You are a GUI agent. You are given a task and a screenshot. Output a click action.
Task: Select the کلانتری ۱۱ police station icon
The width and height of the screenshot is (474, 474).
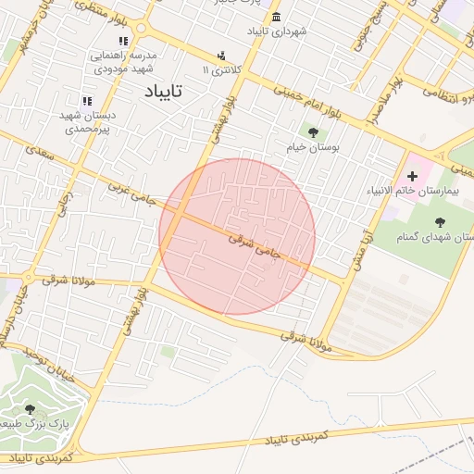coord(220,56)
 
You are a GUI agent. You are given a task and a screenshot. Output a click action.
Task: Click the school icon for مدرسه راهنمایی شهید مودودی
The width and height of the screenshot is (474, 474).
coord(124,41)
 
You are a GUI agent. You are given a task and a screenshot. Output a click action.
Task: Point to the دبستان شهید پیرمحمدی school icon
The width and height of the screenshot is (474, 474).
coord(87,101)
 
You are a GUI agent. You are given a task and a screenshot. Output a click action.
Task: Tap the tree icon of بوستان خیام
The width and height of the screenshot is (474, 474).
coord(312,131)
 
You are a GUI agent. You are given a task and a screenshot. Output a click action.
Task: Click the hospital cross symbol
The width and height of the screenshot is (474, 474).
coord(413,175)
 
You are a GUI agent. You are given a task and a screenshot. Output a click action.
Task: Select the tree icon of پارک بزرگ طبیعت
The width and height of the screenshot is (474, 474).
coord(31,409)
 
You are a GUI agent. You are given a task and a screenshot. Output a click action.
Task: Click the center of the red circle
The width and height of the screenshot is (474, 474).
coord(237,236)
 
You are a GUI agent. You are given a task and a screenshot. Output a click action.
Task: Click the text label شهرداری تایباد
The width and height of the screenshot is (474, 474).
coord(276,32)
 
